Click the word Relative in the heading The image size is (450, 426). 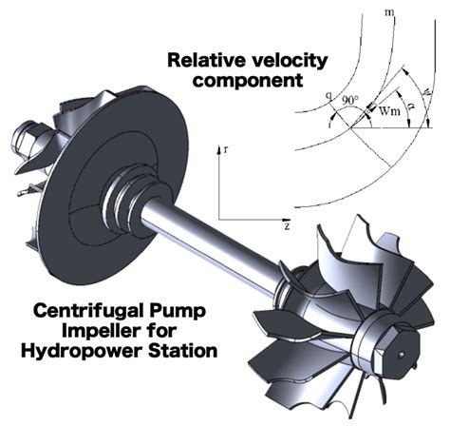202,60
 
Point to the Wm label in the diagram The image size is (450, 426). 387,110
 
